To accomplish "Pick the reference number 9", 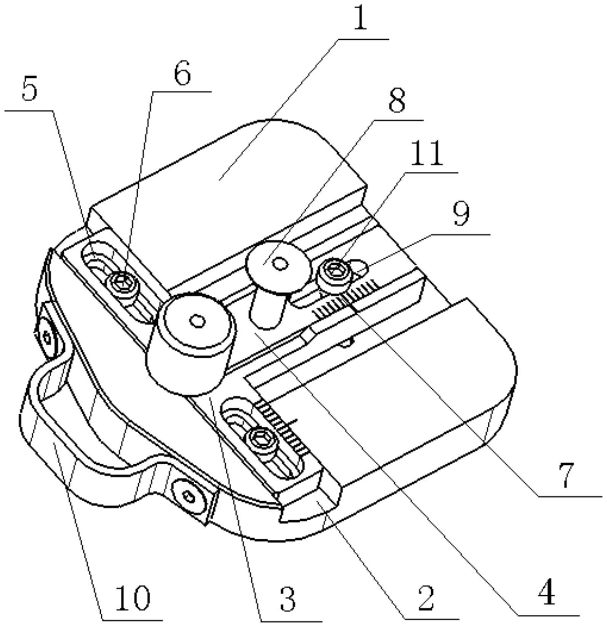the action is point(461,214).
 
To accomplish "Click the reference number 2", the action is point(425,598).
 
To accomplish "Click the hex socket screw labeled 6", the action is point(123,283).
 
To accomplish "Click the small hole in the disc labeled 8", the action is point(281,264).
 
